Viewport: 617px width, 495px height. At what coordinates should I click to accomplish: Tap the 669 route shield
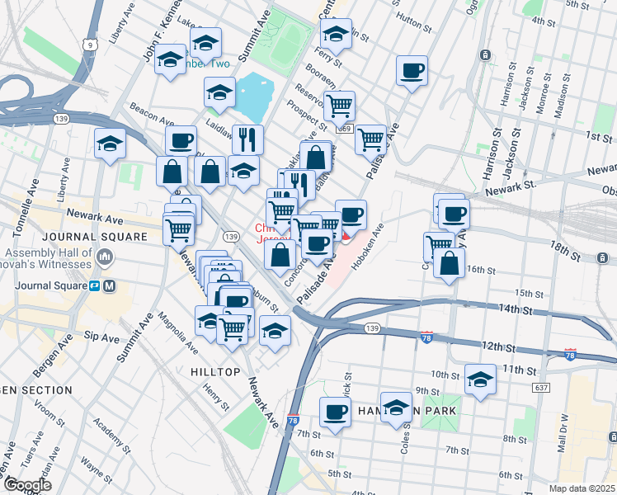pyautogui.click(x=345, y=129)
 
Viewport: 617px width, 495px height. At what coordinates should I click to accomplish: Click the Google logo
pyautogui.click(x=27, y=485)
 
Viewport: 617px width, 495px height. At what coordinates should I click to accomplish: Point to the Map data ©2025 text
pyautogui.click(x=582, y=488)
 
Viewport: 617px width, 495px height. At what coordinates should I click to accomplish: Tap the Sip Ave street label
pyautogui.click(x=102, y=337)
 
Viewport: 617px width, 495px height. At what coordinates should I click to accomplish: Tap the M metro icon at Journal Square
pyautogui.click(x=109, y=286)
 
